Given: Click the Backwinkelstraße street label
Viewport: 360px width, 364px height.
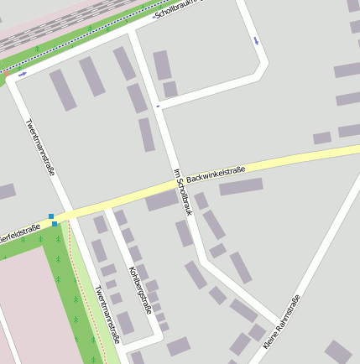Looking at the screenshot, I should point(216,174).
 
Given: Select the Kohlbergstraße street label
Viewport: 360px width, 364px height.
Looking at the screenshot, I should point(139,289).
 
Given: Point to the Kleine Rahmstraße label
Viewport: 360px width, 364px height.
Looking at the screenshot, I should point(282,323).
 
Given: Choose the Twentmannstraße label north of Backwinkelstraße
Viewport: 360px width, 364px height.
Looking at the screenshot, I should point(40,146).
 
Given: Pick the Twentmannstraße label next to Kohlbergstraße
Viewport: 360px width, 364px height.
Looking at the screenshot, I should point(108,315).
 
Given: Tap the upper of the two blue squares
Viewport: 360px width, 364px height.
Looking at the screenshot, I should point(51,216).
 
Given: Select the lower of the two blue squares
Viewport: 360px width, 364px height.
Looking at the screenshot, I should point(55,224).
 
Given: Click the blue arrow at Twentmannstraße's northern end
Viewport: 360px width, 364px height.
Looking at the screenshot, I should point(22,74).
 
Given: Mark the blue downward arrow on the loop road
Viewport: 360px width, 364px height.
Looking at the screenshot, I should point(256,39).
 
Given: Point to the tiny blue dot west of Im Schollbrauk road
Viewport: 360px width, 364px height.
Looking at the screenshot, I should point(158,106).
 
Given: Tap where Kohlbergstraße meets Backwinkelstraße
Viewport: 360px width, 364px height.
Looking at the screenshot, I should point(107,204).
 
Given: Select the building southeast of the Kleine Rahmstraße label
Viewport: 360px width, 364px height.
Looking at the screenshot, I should point(338,353).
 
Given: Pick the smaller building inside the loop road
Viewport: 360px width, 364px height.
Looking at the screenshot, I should point(170,89).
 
